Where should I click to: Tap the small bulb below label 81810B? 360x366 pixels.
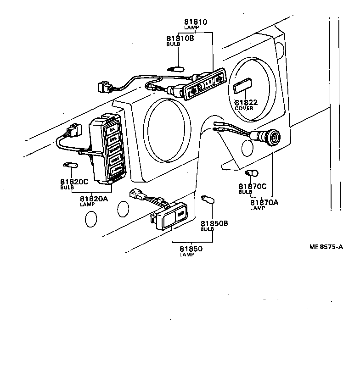coord(176,69)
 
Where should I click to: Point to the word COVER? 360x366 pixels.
coord(244,109)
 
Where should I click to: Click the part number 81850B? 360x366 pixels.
coord(214,223)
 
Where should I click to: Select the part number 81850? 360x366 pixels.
coord(191,249)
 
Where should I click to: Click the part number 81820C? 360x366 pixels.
coord(74,182)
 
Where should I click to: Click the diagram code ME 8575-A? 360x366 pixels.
coord(326,247)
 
